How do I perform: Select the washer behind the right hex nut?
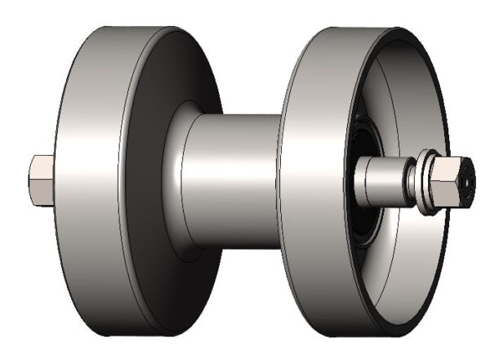[424, 181]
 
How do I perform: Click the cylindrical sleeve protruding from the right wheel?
[376, 180]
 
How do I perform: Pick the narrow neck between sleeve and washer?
[406, 182]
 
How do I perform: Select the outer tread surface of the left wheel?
[90, 180]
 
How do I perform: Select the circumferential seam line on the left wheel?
[122, 180]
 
